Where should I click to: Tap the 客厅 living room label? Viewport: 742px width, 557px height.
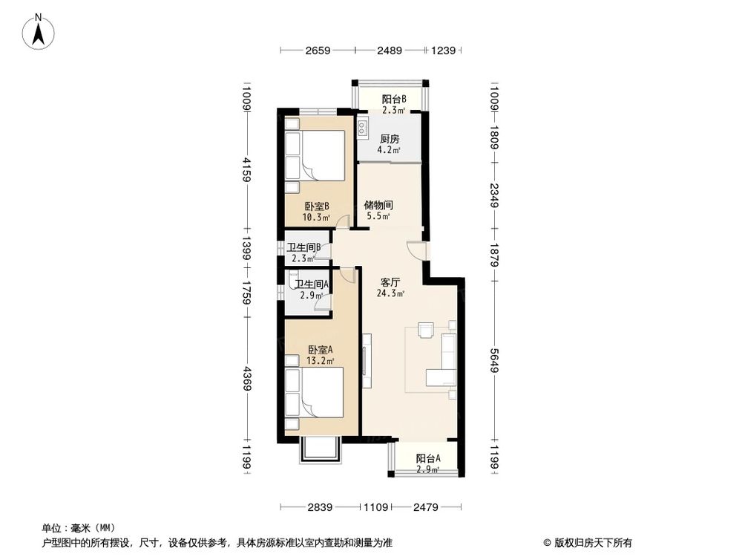(x=391, y=282)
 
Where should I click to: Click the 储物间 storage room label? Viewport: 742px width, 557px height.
(x=378, y=205)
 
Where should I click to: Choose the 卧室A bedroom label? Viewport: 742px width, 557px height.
(x=321, y=350)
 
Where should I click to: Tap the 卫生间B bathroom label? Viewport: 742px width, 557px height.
(x=303, y=248)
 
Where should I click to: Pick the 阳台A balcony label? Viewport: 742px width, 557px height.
(x=427, y=458)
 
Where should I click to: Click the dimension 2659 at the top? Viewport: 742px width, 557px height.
(x=317, y=51)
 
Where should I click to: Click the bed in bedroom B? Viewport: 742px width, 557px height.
(x=315, y=156)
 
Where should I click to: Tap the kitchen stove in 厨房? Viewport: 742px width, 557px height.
(x=363, y=128)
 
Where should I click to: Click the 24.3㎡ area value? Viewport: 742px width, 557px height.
(x=392, y=293)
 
